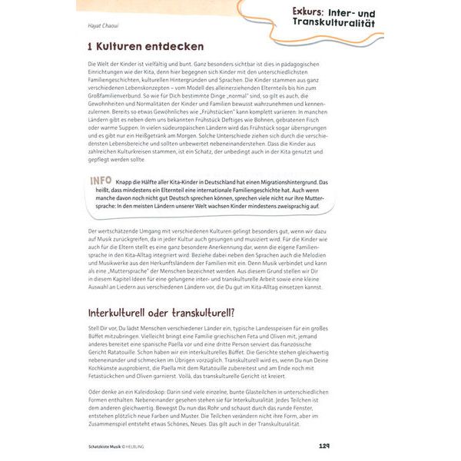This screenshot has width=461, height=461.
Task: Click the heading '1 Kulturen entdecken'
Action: click(145, 47)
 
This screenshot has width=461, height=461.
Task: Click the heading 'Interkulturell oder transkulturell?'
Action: click(161, 313)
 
